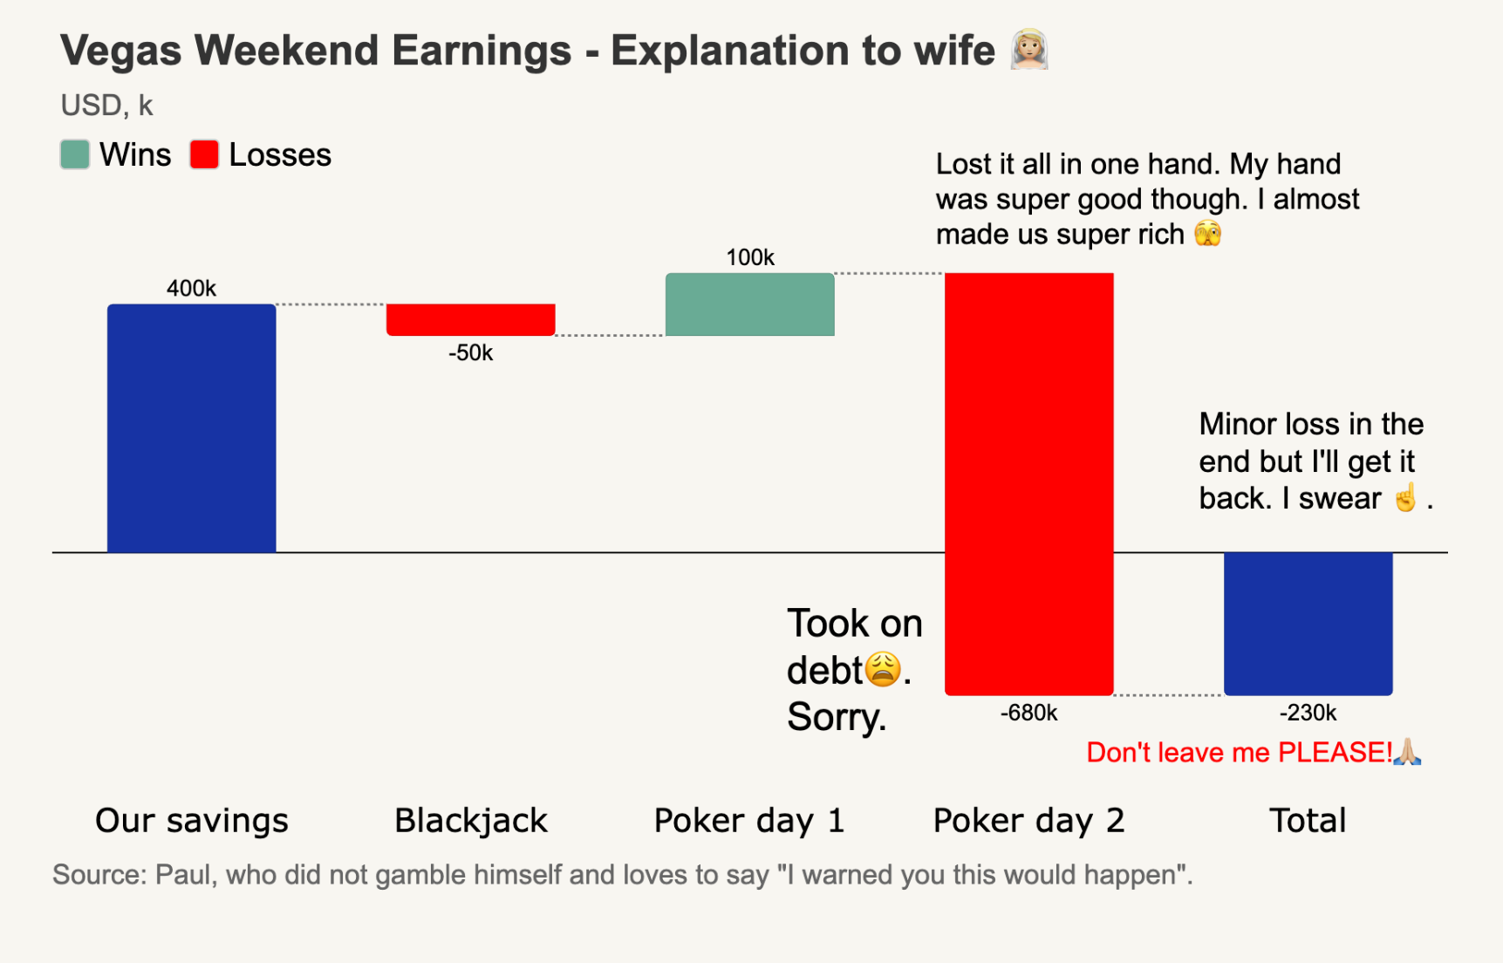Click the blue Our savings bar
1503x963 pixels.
[x=191, y=427]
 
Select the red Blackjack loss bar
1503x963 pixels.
[x=470, y=319]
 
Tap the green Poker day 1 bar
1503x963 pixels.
[x=749, y=304]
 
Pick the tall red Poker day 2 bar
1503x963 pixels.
[x=1028, y=483]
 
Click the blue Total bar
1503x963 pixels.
[x=1308, y=623]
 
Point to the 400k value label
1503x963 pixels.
[x=191, y=288]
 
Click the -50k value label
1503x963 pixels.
[x=470, y=352]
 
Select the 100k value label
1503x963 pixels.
[x=749, y=257]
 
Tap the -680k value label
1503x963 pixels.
[x=1028, y=713]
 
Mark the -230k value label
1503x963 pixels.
[x=1308, y=713]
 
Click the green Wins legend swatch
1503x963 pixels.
[x=75, y=154]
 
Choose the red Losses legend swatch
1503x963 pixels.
[x=204, y=154]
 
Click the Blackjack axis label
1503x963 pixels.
[x=470, y=820]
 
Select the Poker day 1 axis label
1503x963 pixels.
[x=749, y=820]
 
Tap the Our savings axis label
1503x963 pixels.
[x=191, y=820]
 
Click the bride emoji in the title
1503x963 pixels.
[x=1029, y=50]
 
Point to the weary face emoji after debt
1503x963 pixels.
[x=883, y=670]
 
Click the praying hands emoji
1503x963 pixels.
[x=1407, y=751]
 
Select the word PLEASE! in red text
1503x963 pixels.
[x=1335, y=752]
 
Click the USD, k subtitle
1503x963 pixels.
[x=106, y=106]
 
